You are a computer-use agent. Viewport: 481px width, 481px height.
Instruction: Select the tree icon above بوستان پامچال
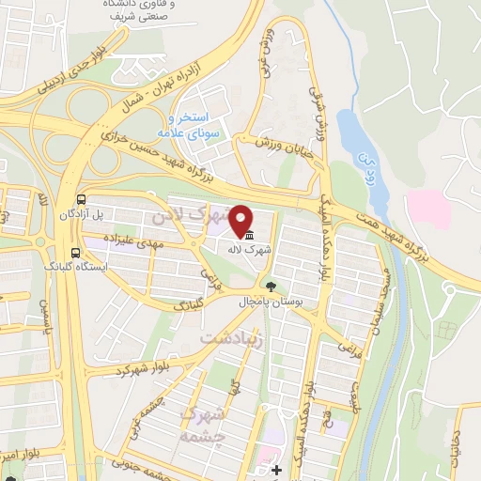[x=271, y=286]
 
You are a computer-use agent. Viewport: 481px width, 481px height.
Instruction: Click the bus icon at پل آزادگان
[x=83, y=200]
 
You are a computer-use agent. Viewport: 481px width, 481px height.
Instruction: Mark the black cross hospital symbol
[x=275, y=470]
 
